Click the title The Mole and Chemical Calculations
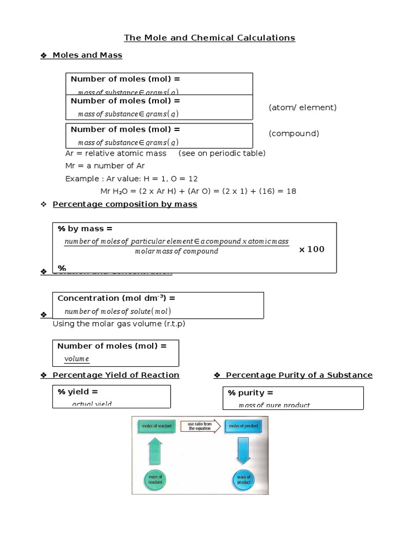(x=209, y=38)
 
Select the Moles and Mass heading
(x=87, y=55)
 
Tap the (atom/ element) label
(x=302, y=108)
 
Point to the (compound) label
(x=294, y=134)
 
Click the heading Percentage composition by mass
(x=125, y=204)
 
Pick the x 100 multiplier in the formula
(x=312, y=249)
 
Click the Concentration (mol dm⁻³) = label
(x=116, y=299)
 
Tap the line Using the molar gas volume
(x=119, y=324)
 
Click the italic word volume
(x=76, y=359)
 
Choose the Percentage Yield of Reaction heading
(x=116, y=375)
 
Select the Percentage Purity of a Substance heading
(x=299, y=375)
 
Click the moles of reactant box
(x=155, y=426)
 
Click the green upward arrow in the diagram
(x=155, y=451)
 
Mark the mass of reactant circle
(x=155, y=480)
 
